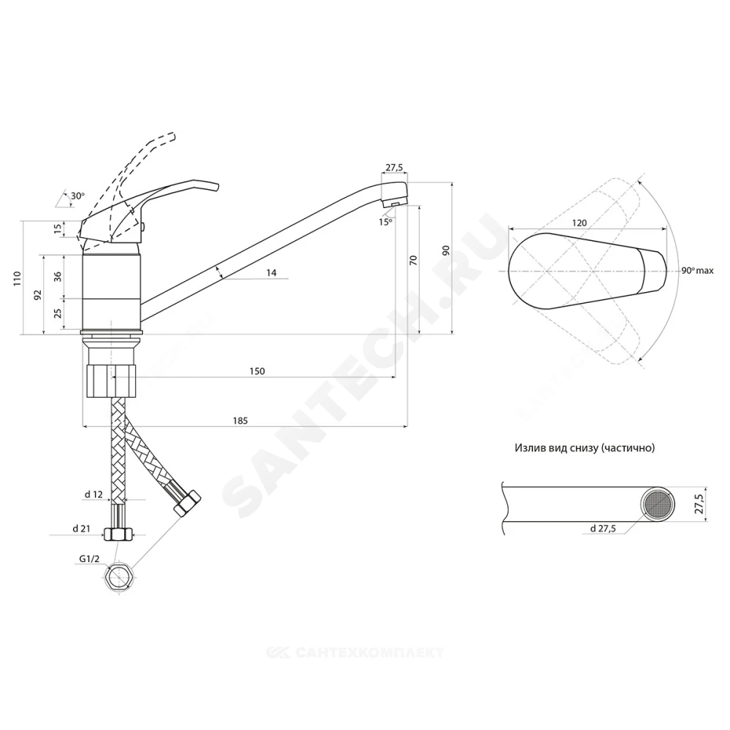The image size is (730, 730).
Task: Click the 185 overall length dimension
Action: (240, 421)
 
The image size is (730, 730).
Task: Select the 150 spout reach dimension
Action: (257, 371)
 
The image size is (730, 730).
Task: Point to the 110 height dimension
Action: (18, 278)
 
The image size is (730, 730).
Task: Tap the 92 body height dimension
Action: (38, 294)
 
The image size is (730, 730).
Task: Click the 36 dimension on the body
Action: (58, 277)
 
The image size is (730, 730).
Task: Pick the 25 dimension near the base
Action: (58, 313)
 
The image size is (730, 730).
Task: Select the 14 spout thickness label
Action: (272, 272)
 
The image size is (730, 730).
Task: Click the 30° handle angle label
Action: (78, 196)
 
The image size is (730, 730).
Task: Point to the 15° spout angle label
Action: (385, 222)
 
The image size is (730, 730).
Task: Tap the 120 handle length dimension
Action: (579, 223)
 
